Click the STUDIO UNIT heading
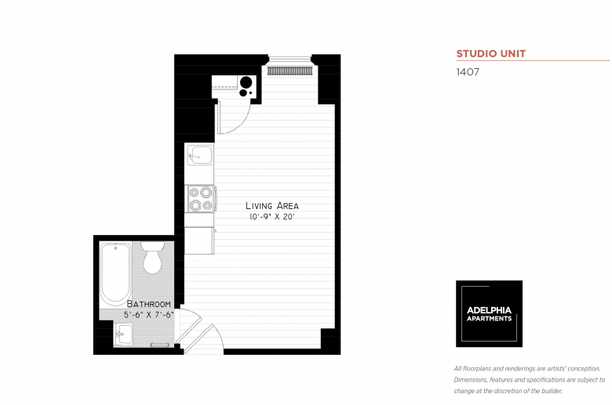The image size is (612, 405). click(x=491, y=54)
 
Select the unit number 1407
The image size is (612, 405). click(x=468, y=72)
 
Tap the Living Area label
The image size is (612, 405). click(x=272, y=205)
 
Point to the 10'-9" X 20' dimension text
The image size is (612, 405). click(x=271, y=217)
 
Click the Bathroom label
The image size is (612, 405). click(x=149, y=304)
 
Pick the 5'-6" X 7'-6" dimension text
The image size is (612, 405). click(x=149, y=315)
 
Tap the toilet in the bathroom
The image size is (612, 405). click(x=152, y=258)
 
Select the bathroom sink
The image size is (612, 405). click(x=123, y=334)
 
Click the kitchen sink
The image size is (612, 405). click(x=200, y=155)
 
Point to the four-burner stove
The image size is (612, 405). click(x=201, y=199)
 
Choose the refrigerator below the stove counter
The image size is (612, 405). click(x=199, y=240)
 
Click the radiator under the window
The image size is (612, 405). click(x=290, y=71)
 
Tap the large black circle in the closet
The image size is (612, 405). click(x=246, y=82)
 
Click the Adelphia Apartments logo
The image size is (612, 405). click(x=489, y=314)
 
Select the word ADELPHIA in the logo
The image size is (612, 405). click(x=489, y=310)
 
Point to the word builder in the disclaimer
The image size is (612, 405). click(x=552, y=391)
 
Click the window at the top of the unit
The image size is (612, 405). click(x=290, y=59)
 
